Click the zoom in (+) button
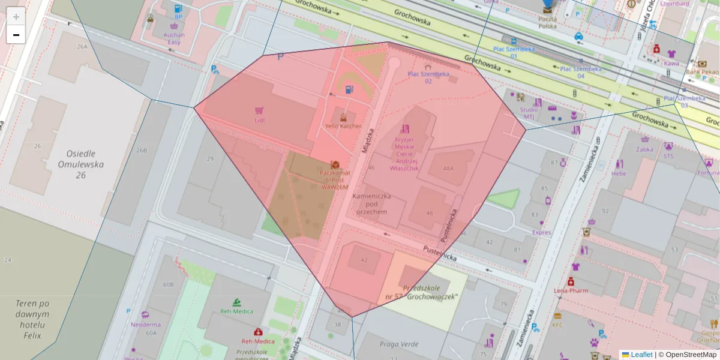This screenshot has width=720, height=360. coord(16,16)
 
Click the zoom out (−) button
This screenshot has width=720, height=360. coord(16,35)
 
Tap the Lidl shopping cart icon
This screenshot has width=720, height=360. coord(259,110)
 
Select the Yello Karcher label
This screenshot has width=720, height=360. coord(343,126)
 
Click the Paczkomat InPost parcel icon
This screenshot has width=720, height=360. coord(335,164)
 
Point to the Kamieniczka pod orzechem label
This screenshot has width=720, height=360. coord(371,204)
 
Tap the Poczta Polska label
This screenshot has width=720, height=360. coord(547,22)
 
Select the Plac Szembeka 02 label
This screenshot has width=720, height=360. coord(428,77)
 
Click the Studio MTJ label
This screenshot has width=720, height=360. coord(529,113)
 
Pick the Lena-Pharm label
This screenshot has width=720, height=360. coord(569,290)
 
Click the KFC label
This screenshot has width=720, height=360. coord(557,325)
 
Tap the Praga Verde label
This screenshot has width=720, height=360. coord(398,344)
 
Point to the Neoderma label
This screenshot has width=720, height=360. coord(145,325)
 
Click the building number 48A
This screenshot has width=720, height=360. coord(448,169)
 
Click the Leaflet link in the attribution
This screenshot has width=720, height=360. coord(641,355)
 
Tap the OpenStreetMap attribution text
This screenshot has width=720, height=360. coord(691,355)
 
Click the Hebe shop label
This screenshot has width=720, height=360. coord(619,173)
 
